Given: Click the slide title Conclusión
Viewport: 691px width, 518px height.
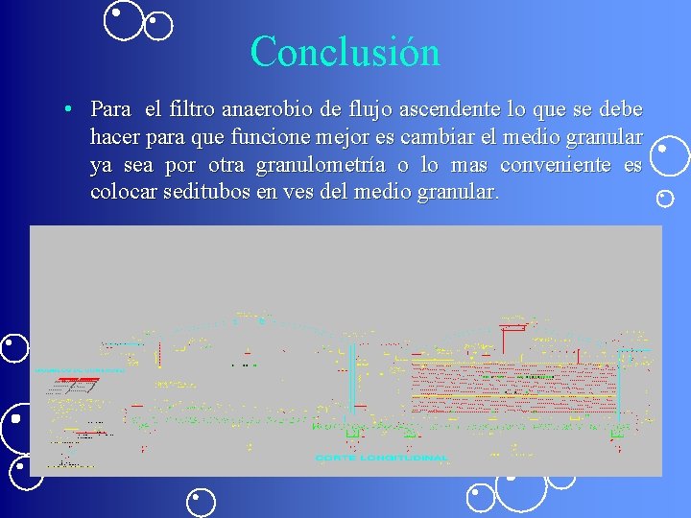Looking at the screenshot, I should click(x=345, y=51).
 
